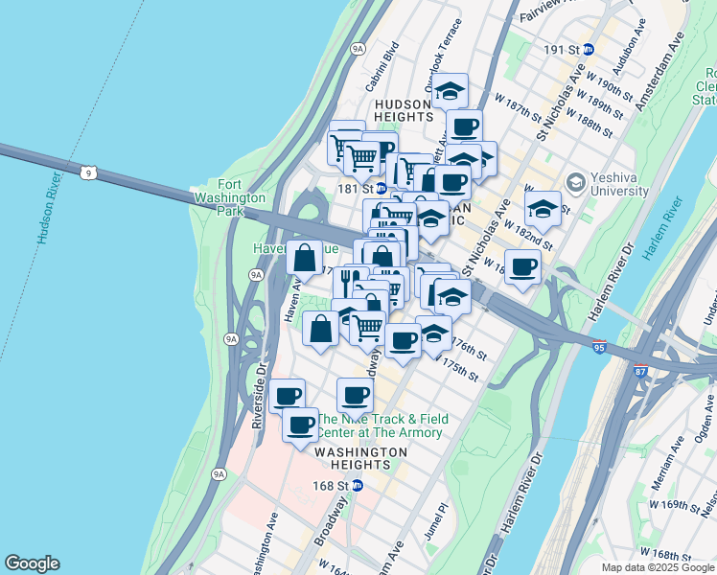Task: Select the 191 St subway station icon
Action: [589, 49]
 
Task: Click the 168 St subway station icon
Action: [358, 486]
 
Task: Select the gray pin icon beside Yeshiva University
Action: [575, 180]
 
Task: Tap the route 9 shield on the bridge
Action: [88, 172]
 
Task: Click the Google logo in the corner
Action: [32, 563]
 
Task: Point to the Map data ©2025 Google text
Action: [657, 567]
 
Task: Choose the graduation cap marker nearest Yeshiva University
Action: [543, 209]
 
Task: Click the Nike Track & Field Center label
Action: [382, 425]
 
